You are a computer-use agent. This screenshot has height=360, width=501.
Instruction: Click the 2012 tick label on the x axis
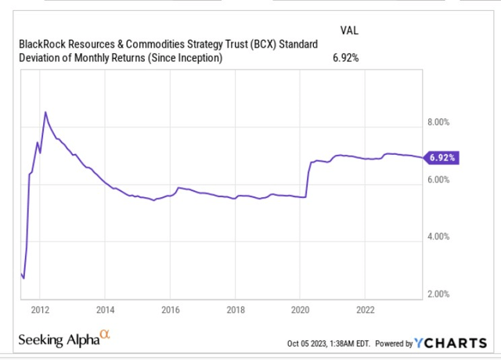coord(41,308)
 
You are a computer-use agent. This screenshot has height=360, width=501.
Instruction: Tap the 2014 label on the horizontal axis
coord(106,308)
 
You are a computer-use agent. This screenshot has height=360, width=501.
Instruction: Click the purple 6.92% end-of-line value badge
coord(442,157)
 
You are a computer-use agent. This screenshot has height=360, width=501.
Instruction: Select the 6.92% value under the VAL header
coord(347,57)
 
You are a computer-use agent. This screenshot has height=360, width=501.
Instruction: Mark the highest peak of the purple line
coord(45,112)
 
